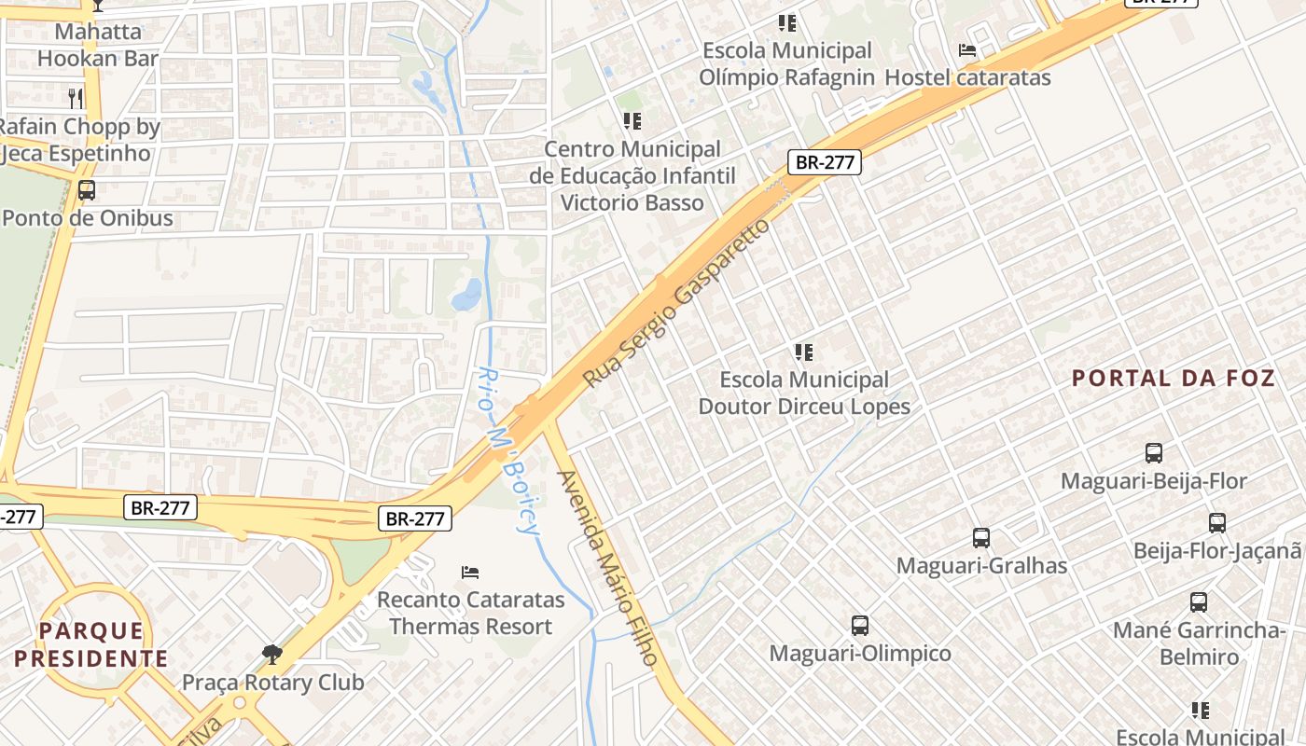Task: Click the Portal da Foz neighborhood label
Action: [1173, 379]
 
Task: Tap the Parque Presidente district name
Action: [91, 645]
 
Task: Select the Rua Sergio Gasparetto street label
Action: [678, 303]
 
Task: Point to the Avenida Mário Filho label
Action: [607, 568]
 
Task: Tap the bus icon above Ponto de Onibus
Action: [87, 190]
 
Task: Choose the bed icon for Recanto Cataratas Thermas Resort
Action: [470, 572]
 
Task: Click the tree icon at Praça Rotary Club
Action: [272, 654]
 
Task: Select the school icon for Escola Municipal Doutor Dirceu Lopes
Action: [803, 352]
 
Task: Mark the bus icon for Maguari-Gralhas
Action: [981, 538]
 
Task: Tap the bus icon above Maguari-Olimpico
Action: [860, 626]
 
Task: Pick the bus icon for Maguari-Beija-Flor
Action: [1154, 454]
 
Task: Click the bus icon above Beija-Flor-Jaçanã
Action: [1217, 523]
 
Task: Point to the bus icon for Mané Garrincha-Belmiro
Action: [1199, 602]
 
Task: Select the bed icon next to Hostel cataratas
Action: [967, 50]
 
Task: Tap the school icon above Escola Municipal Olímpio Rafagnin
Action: [787, 22]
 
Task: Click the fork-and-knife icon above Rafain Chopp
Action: [76, 98]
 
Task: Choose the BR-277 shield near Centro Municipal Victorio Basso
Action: [825, 162]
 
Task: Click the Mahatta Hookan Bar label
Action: [98, 45]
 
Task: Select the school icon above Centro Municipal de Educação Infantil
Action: [632, 121]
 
